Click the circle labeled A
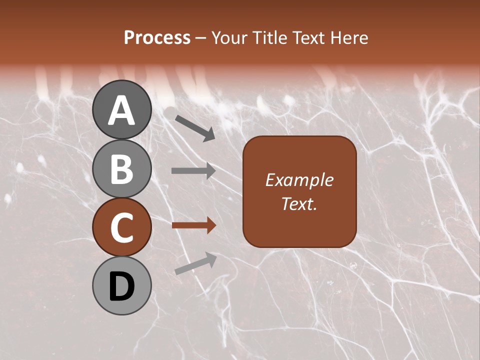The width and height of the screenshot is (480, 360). [x=122, y=109]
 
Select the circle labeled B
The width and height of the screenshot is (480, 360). [x=122, y=168]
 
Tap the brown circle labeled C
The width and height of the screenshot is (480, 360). [x=122, y=227]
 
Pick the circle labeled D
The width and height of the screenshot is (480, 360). [x=122, y=285]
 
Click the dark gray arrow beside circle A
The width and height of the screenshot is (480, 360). [x=194, y=127]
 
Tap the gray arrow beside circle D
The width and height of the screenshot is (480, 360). [x=195, y=263]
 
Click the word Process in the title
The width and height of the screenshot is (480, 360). [x=157, y=38]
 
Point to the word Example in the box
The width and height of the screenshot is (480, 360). [x=299, y=180]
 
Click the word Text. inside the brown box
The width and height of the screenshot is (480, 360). [x=299, y=203]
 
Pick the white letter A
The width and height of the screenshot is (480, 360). [x=122, y=110]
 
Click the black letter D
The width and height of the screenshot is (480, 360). [x=122, y=286]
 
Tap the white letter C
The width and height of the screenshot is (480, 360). [x=122, y=228]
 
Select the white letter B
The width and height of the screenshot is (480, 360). [x=122, y=169]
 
